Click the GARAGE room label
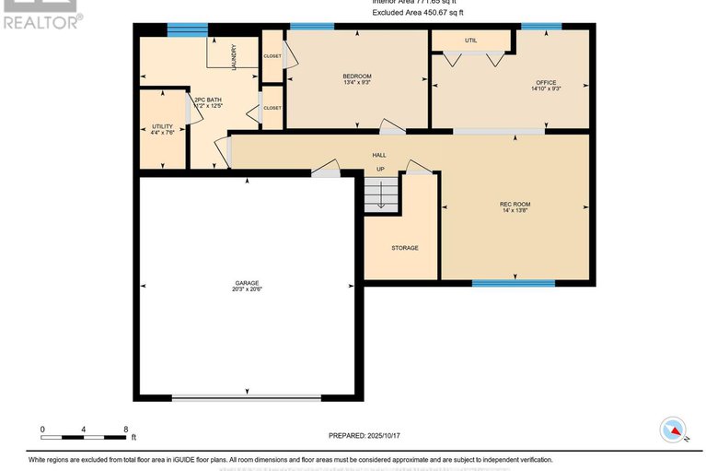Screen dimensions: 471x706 [x=248, y=282]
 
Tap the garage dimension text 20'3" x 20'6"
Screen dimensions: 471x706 [x=248, y=289]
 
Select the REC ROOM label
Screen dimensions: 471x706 [x=515, y=204]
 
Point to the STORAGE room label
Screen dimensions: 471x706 [x=405, y=248]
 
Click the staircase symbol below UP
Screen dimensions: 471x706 [x=380, y=194]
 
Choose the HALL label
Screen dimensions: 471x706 [x=379, y=155]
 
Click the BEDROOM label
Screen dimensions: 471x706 [x=357, y=76]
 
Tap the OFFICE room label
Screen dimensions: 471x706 [x=546, y=83]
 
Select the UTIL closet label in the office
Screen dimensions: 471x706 [x=470, y=41]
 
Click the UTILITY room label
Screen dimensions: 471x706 [x=162, y=126]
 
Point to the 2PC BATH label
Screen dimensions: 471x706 [x=207, y=100]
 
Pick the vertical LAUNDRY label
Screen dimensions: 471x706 [x=235, y=57]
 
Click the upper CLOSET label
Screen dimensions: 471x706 [x=272, y=56]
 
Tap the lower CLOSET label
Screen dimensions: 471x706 [x=272, y=108]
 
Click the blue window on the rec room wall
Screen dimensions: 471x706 [x=514, y=283]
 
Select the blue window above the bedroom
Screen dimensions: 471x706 [x=312, y=26]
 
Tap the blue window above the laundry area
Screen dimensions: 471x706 [x=187, y=29]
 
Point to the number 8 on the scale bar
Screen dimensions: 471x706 [x=125, y=430]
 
